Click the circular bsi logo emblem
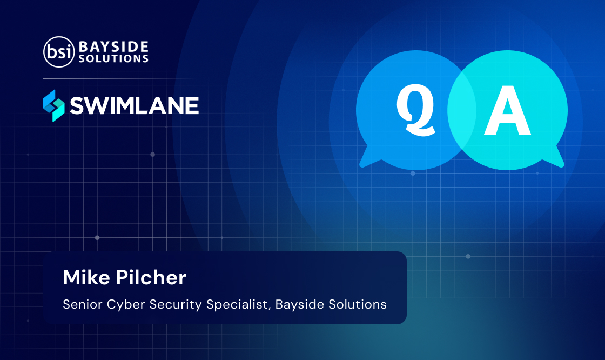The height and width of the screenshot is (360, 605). (59, 52)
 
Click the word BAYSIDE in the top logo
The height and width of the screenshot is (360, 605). (113, 46)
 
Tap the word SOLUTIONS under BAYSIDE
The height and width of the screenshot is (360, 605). (113, 59)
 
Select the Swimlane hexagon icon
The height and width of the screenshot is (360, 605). (53, 105)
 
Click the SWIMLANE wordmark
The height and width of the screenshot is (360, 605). (135, 105)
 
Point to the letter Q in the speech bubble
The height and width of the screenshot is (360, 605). (415, 110)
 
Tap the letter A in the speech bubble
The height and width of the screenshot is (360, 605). (507, 110)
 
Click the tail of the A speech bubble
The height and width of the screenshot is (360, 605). (554, 158)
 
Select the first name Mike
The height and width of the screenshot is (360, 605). (86, 277)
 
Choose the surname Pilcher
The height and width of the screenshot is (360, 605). (151, 277)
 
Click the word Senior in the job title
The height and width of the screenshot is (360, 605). (83, 304)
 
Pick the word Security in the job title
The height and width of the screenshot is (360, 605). (176, 305)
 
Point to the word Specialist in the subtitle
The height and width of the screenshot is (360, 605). (238, 305)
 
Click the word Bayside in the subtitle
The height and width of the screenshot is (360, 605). (299, 305)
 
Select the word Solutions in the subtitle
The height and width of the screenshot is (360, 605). (357, 304)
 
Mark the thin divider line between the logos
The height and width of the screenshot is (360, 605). (120, 79)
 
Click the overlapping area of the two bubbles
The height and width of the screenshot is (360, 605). (462, 110)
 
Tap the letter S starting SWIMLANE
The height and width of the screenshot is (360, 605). (77, 106)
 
